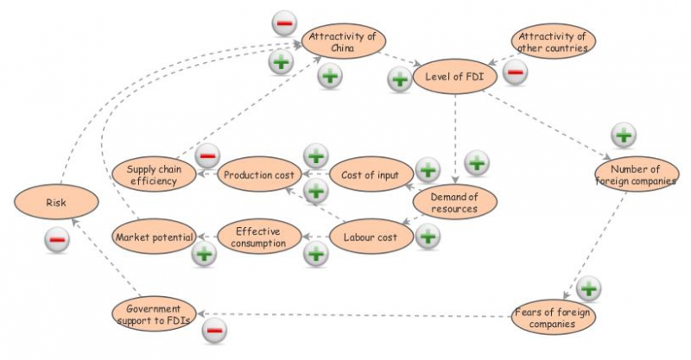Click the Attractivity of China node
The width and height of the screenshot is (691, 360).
tap(343, 41)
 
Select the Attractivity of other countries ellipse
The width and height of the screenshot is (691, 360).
tap(554, 41)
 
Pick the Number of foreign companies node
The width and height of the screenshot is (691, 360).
tap(637, 175)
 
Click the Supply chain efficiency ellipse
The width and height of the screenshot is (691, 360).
tap(153, 175)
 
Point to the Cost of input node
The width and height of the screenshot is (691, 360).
tap(370, 175)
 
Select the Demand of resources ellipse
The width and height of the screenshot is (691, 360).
tap(455, 203)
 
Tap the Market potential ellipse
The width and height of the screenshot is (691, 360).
tap(153, 236)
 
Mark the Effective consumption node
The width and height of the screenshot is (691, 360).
tap(258, 236)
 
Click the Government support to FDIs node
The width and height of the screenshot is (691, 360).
tap(153, 314)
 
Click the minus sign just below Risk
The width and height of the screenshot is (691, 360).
tap(57, 240)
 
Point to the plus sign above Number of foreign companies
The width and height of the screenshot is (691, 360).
tap(624, 136)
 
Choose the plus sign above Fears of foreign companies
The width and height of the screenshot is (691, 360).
tap(588, 288)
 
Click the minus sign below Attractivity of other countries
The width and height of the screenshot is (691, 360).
tap(515, 73)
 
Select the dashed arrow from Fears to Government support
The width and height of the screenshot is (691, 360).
tap(354, 314)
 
